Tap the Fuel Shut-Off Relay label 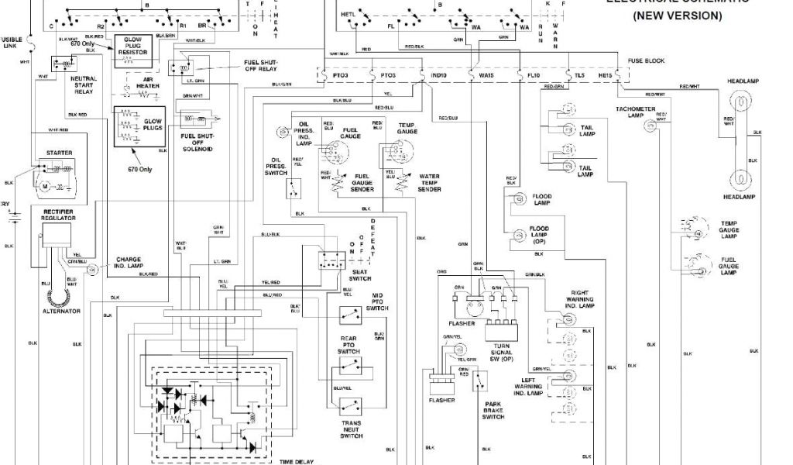(x=261, y=65)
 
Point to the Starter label (x=60, y=153)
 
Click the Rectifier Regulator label (x=59, y=215)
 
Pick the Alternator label (x=61, y=311)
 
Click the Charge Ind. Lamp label (x=129, y=263)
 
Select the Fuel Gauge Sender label (x=362, y=183)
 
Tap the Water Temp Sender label (x=429, y=183)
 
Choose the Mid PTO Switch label (x=376, y=302)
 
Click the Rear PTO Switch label (x=348, y=345)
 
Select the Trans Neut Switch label (x=351, y=430)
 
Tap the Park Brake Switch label (x=493, y=411)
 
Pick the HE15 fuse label (x=606, y=75)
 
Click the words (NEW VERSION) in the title (x=677, y=15)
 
